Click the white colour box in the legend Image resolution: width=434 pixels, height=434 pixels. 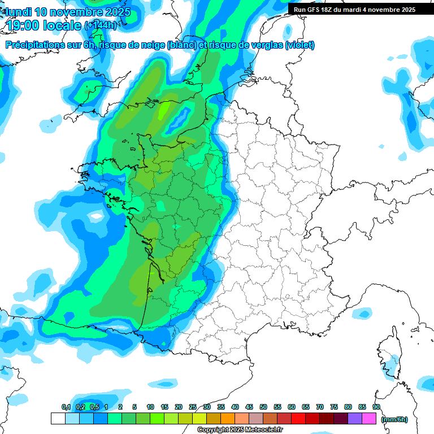coord(58,419)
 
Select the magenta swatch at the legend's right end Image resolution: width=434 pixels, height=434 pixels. coord(369,419)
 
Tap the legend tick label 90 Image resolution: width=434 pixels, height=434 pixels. coord(376,407)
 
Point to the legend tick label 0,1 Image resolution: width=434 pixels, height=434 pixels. coord(66,407)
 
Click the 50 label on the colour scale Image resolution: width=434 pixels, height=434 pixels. coord(263,407)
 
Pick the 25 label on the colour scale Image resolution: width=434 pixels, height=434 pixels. coord(193,407)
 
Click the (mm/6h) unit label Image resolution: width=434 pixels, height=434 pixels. coord(394,419)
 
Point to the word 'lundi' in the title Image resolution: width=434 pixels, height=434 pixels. coord(18,11)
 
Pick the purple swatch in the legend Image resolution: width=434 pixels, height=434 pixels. coord(355,419)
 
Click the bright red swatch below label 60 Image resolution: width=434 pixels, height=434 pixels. coord(298,419)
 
